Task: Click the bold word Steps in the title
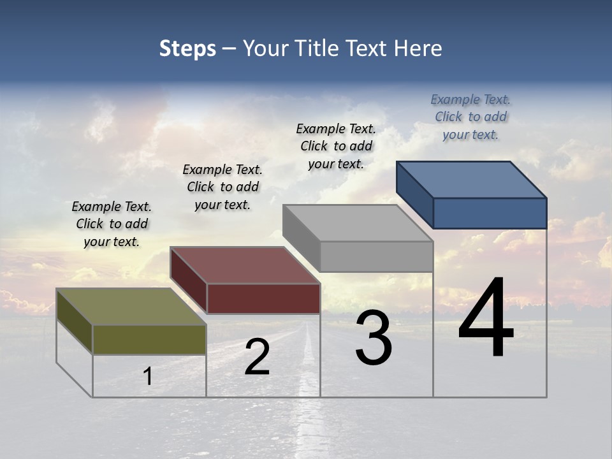187,48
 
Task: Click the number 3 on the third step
374,339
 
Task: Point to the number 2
257,358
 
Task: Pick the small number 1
148,377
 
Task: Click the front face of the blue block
490,213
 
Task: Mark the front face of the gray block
376,256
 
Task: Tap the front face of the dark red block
263,298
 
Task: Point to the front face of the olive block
149,339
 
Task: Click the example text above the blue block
470,117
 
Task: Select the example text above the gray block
336,147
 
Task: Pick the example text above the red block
222,187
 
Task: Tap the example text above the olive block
112,224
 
